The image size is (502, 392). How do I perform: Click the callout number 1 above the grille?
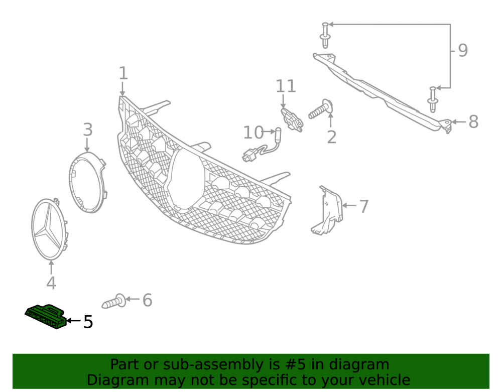pos(123,73)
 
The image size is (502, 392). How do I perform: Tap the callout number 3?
pos(88,129)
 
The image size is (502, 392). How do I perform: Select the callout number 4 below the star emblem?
pos(51,283)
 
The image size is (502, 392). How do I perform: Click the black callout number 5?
pos(88,322)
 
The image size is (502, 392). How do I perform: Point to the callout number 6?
pos(147,300)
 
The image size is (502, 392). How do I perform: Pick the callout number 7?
pos(364,206)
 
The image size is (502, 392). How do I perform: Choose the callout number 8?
pos(474,121)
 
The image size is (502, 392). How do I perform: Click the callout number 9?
pos(463,50)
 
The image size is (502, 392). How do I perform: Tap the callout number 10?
pos(253,133)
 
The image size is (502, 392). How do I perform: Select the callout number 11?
pos(286,86)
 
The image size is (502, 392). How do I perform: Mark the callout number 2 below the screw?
pos(332,137)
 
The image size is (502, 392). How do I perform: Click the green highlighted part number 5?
pos(46,316)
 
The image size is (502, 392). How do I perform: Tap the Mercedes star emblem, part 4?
pos(49,229)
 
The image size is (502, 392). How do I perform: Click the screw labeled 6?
pos(113,301)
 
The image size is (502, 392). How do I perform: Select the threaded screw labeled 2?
pos(321,109)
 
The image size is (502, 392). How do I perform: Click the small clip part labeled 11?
pos(292,119)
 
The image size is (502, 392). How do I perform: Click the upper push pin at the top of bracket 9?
pos(325,35)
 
